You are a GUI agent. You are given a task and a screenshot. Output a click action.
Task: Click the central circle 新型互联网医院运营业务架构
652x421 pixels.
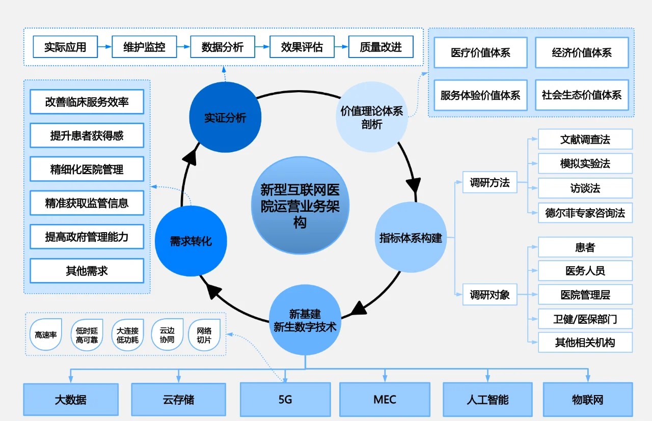[x=300, y=205]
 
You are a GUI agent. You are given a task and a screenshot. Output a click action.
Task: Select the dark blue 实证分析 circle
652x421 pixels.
[x=225, y=118]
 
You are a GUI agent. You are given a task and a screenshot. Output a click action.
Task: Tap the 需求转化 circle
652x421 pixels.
[x=191, y=241]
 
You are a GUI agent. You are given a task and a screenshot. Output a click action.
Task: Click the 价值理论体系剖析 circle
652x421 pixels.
[x=371, y=117]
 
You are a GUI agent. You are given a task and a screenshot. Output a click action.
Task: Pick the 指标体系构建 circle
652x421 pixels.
[x=411, y=237]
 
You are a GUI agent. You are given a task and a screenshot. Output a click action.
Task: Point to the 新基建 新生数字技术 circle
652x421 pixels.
[x=305, y=320]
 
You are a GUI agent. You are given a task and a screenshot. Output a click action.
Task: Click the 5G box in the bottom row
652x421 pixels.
[x=285, y=400]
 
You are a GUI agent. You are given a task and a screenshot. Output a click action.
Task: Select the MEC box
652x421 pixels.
[x=385, y=400]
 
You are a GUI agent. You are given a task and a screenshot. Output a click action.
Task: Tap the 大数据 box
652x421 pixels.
[x=71, y=400]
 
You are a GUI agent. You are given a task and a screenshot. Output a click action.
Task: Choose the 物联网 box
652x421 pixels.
[x=587, y=400]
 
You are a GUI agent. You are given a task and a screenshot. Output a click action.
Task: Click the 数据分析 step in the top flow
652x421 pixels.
[x=222, y=47]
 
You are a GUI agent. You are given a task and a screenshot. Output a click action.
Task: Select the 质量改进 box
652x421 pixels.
[x=381, y=47]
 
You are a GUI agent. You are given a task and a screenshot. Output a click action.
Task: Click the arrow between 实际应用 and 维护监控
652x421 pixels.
[x=104, y=47]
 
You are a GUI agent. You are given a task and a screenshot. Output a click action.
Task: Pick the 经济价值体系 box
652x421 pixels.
[x=582, y=52]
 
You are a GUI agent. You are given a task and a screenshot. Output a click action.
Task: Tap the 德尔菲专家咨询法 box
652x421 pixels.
[x=585, y=213]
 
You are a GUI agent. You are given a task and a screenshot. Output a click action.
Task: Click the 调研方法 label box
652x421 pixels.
[x=490, y=183]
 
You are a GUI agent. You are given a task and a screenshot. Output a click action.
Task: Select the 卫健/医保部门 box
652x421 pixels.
[x=585, y=319]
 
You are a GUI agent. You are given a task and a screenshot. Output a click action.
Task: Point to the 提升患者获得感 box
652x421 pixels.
[x=87, y=135]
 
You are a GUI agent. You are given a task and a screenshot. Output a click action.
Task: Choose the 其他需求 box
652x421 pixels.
[x=87, y=271]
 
